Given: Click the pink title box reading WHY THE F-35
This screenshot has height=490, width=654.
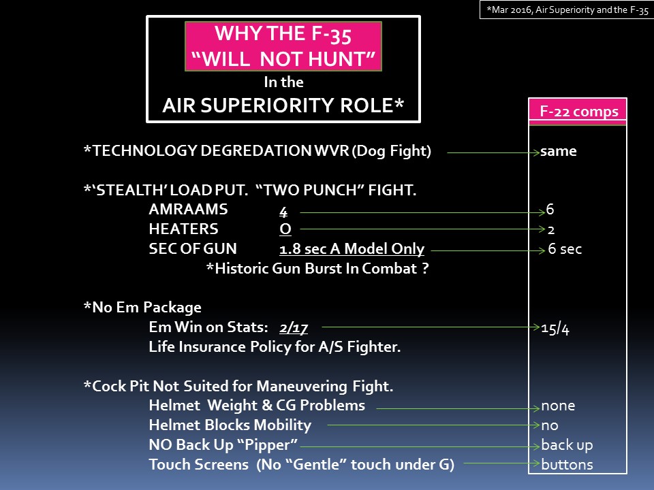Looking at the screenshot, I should [x=283, y=46].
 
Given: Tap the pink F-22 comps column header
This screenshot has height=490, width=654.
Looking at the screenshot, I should [x=577, y=112].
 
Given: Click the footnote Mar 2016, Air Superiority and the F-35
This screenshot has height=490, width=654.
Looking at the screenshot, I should [x=566, y=10].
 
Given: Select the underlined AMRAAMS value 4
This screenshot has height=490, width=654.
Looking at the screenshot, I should [x=283, y=210].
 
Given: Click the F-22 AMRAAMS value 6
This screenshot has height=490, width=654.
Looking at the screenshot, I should [x=550, y=209].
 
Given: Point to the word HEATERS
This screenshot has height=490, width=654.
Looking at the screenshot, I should [x=183, y=229].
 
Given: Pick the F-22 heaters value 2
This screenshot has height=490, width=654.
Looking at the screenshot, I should [x=551, y=229].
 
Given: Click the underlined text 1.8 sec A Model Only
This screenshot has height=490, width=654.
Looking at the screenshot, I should [x=352, y=249].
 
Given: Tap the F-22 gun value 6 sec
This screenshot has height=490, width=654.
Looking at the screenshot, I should [x=565, y=249].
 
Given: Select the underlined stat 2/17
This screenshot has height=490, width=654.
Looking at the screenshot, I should [x=294, y=328].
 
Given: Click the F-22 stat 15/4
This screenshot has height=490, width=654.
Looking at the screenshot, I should [x=555, y=328].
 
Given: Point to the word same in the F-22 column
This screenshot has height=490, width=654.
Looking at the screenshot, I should [x=559, y=151].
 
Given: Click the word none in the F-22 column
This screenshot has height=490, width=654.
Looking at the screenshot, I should [x=558, y=406].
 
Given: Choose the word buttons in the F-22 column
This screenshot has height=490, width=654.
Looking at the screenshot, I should [x=567, y=465].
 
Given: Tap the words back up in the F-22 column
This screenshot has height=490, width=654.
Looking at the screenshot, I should [x=567, y=446].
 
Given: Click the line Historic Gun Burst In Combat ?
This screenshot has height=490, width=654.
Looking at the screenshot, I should [x=317, y=269].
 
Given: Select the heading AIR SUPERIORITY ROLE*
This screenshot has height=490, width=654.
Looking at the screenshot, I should [x=283, y=105].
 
